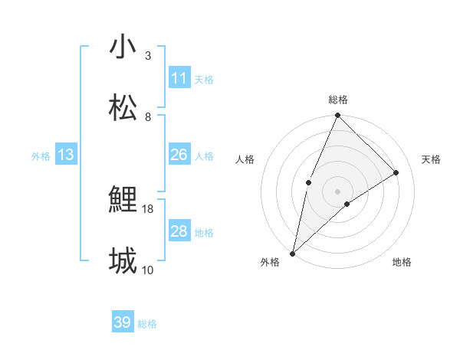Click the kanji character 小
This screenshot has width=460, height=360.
coord(123,47)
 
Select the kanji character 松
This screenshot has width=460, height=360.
coord(123,108)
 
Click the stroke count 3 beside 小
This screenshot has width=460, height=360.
coord(148,56)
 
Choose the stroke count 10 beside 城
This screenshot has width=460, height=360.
coord(148,270)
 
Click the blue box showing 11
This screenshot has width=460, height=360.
coord(179,78)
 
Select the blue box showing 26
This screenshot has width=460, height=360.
coord(179,155)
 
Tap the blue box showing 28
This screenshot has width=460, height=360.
coord(179,231)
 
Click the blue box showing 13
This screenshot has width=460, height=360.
coord(66,155)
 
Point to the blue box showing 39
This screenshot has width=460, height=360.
coord(123,322)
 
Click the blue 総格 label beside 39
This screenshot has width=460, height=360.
coord(148,324)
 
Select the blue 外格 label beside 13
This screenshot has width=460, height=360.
coord(41,156)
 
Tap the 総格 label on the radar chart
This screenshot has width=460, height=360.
coord(338,100)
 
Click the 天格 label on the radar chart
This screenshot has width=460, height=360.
coord(432,159)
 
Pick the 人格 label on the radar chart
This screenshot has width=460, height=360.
coord(245,159)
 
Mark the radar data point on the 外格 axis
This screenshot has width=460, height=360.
coord(292,253)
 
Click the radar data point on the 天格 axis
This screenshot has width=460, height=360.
coord(396,172)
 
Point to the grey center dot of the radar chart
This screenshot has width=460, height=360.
coord(337,191)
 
